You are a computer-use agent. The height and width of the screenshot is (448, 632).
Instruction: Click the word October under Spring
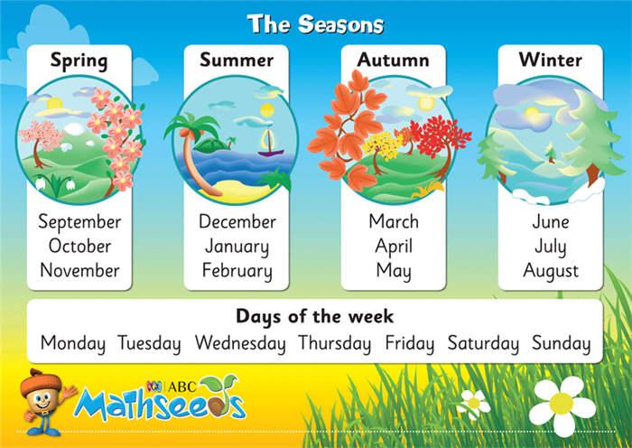tap(79, 246)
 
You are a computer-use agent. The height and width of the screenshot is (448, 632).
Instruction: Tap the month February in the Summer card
tap(237, 271)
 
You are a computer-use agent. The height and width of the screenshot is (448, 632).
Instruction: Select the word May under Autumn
tap(394, 271)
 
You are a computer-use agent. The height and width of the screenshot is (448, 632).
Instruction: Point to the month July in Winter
tap(551, 247)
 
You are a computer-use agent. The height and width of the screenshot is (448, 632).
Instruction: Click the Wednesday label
tap(240, 343)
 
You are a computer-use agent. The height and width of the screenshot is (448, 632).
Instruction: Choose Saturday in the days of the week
tap(483, 343)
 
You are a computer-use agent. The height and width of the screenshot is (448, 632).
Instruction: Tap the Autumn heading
tap(394, 61)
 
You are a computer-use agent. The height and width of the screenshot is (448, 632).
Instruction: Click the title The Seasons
tap(315, 24)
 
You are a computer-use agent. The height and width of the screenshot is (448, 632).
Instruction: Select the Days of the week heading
tap(315, 316)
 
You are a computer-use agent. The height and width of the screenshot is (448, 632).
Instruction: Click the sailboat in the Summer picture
tap(268, 143)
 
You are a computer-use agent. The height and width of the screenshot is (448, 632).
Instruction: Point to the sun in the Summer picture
tap(267, 110)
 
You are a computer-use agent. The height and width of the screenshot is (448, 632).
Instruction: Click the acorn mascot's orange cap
tap(40, 382)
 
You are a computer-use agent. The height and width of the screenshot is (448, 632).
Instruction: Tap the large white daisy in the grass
tap(562, 404)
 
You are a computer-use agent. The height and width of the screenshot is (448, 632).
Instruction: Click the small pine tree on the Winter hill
tap(551, 154)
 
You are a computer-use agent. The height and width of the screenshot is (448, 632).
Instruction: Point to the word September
tap(79, 222)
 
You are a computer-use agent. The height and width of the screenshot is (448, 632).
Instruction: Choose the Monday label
tap(73, 343)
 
